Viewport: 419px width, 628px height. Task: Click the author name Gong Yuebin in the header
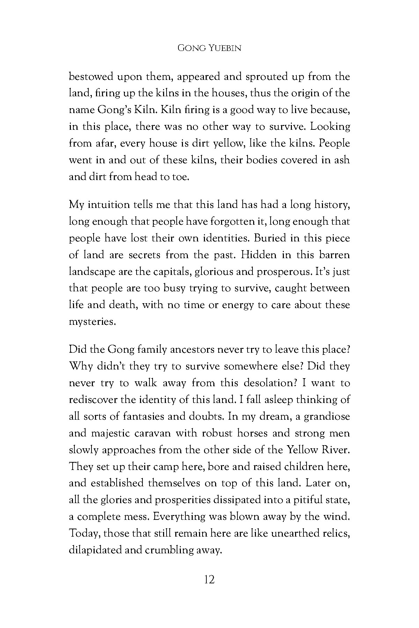[209, 48]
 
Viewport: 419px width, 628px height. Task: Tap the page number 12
[209, 580]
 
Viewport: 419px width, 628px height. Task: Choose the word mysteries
[92, 322]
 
